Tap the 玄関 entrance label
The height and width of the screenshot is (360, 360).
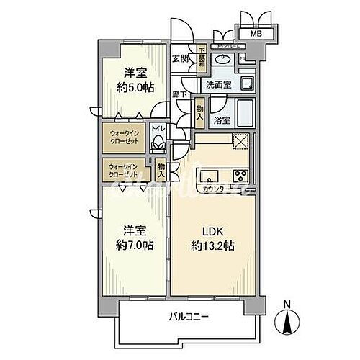[x=180, y=59]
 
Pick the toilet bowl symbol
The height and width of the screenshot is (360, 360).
[x=158, y=143]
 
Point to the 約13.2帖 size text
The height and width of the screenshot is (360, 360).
[x=213, y=246]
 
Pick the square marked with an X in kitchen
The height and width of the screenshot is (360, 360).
[x=240, y=141]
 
